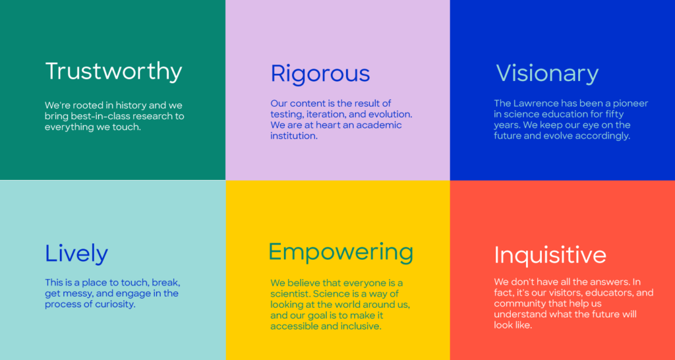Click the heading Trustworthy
point(113,71)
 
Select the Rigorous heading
point(320,73)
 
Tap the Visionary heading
point(547,73)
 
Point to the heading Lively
point(76,254)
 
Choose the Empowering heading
point(341,253)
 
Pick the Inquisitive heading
point(550,255)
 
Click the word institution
point(293,136)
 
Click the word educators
point(607,293)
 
